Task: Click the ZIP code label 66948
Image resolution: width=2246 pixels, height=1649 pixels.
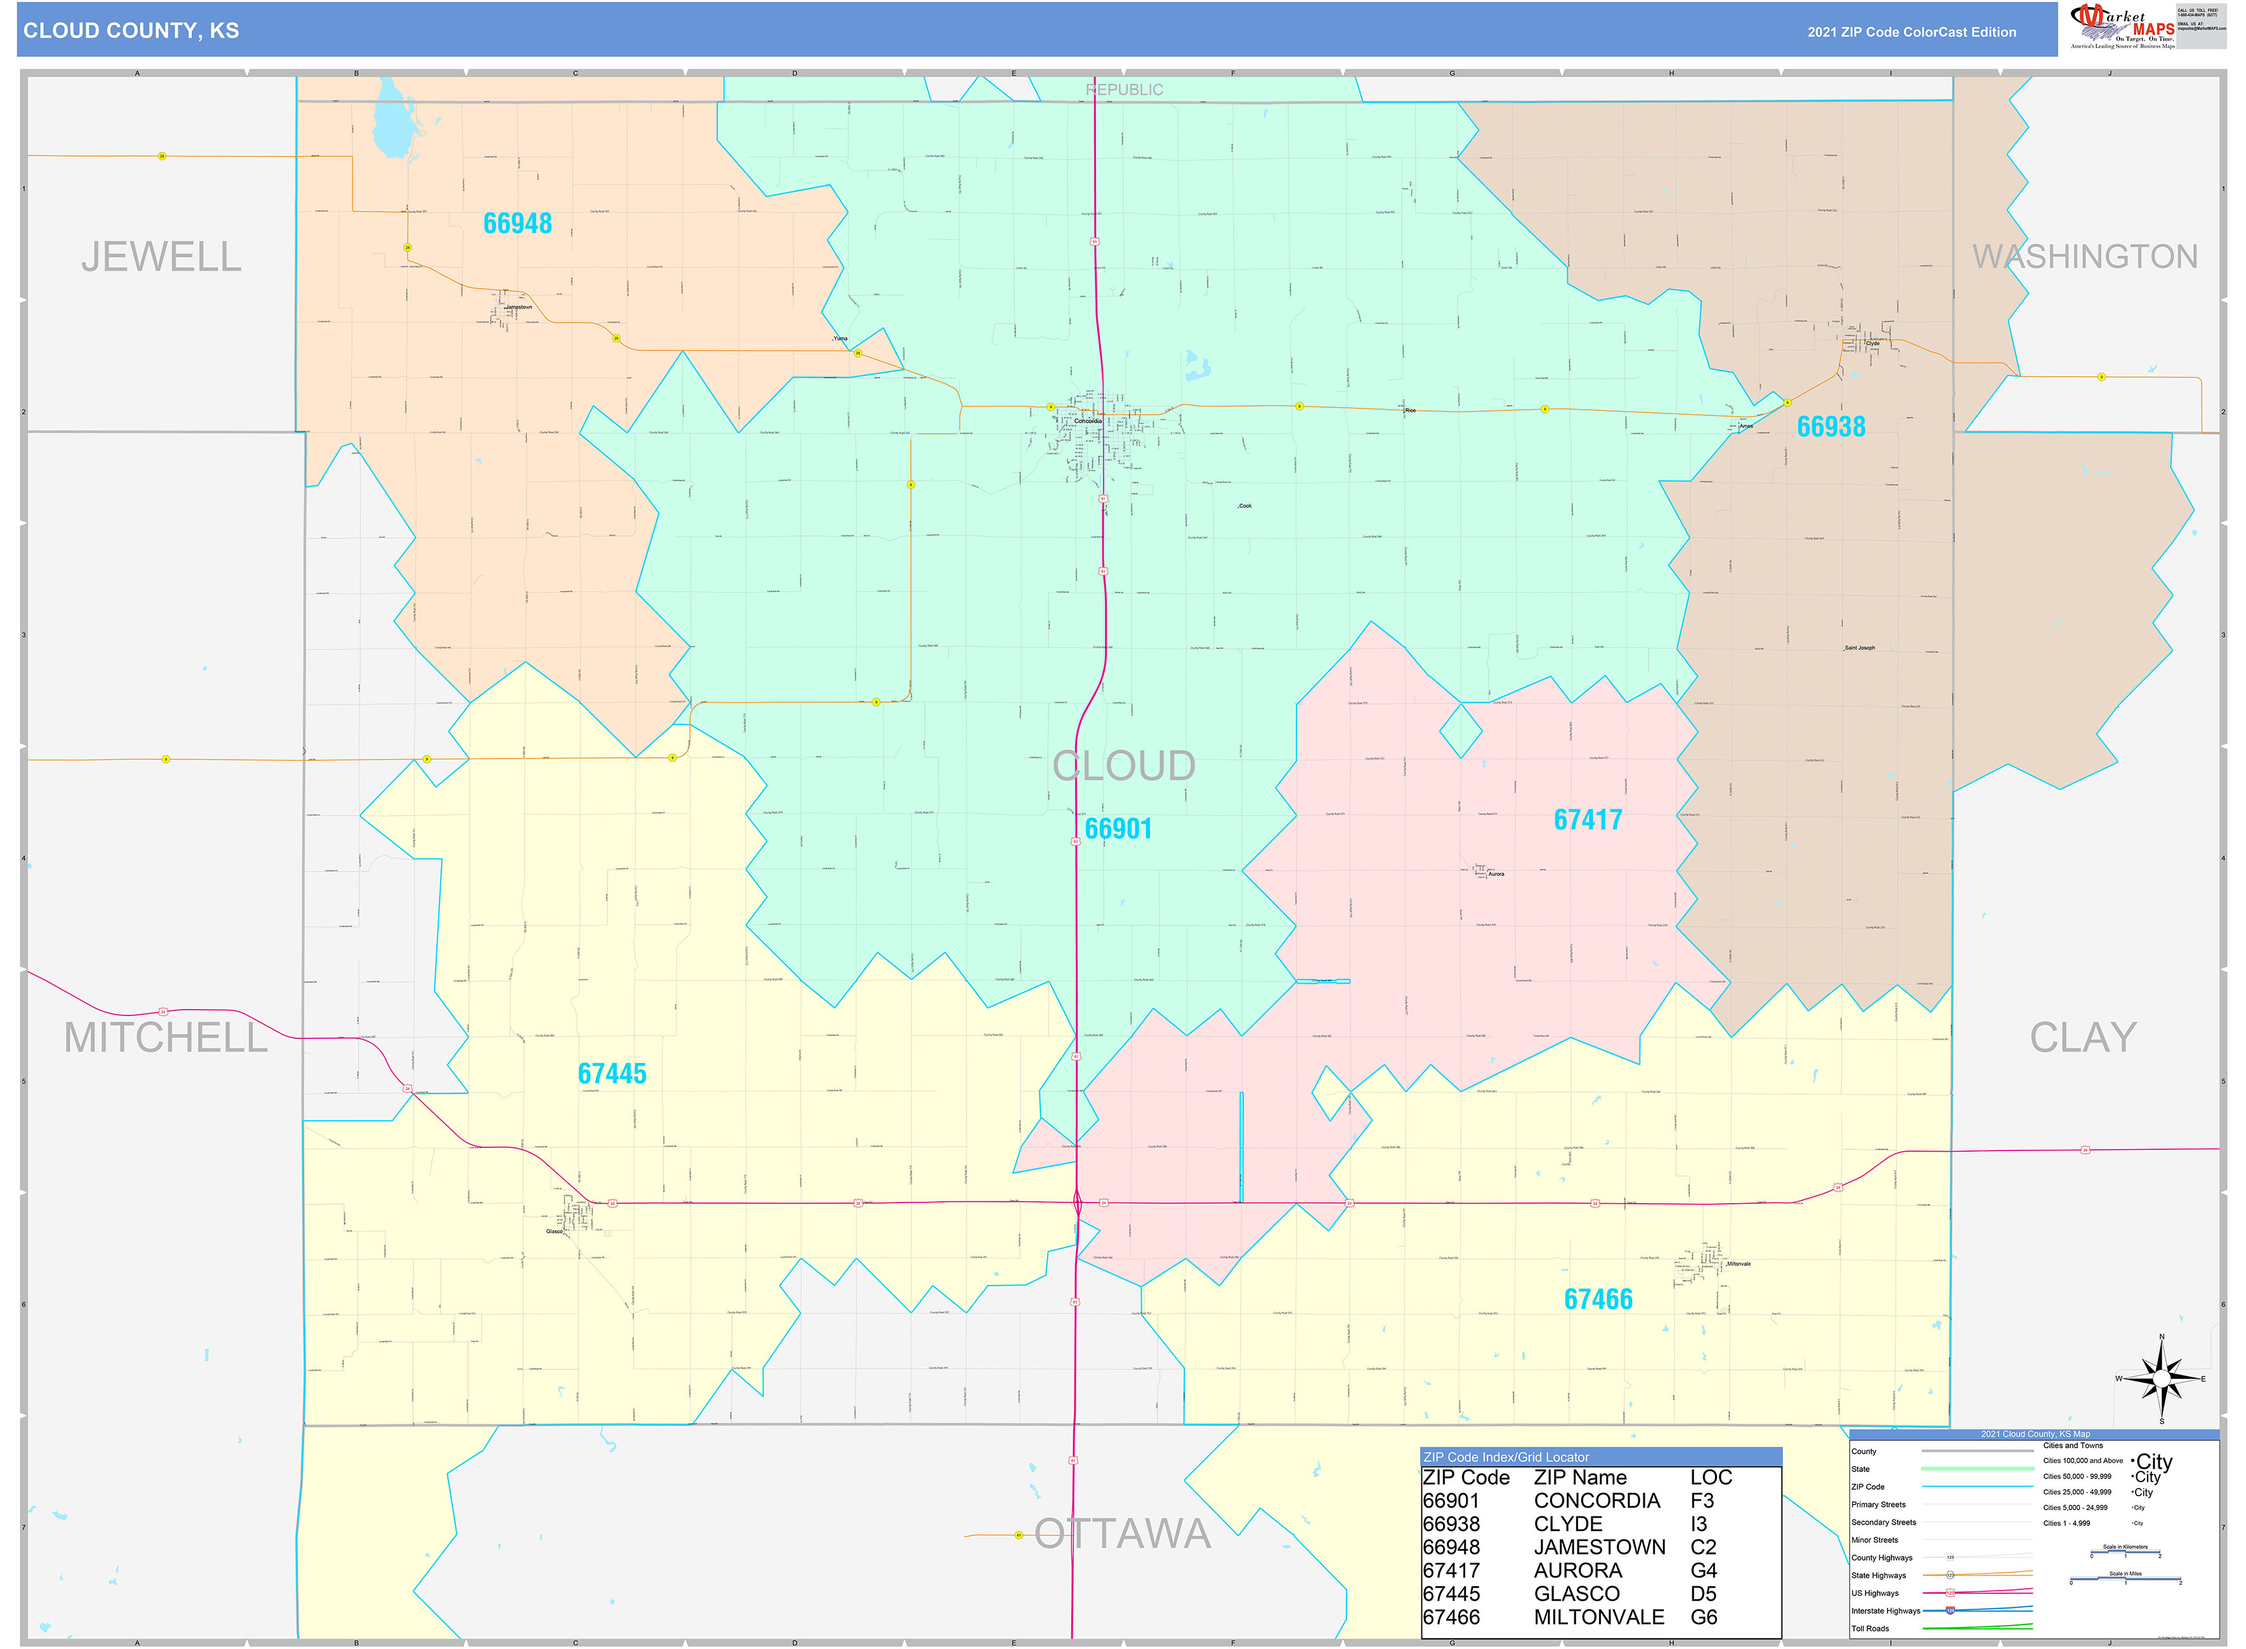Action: (517, 224)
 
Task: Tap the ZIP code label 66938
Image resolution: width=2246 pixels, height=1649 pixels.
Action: (1831, 427)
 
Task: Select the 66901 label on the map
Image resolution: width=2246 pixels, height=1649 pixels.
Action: (1118, 830)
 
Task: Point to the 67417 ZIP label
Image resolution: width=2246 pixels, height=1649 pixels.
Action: (1587, 821)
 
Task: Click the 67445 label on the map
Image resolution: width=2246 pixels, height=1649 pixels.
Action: (612, 1074)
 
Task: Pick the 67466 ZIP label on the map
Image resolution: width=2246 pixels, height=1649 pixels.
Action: (1598, 1300)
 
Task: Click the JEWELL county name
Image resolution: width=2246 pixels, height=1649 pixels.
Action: (162, 257)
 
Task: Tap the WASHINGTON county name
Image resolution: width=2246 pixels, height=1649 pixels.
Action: (2084, 257)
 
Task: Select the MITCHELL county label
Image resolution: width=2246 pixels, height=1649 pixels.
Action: (166, 1038)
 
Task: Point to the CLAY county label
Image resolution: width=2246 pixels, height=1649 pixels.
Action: (2082, 1038)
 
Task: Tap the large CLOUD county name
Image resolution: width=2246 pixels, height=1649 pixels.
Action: (1124, 767)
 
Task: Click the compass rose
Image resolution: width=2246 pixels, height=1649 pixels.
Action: (2161, 1378)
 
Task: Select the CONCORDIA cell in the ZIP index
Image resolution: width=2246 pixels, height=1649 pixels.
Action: (1596, 1501)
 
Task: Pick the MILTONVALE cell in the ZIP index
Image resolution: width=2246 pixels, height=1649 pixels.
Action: (1598, 1617)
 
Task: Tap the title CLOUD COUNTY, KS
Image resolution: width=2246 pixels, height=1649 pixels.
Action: (131, 31)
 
